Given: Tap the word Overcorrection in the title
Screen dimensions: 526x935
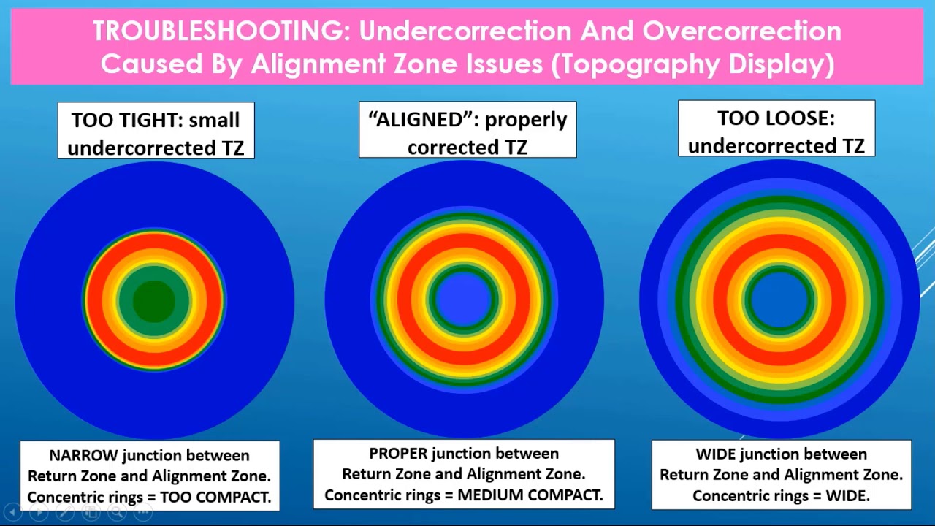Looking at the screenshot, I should point(741,31).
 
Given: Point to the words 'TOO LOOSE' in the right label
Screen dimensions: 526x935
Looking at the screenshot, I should point(776,118).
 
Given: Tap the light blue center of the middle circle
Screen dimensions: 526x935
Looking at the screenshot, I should point(465,299).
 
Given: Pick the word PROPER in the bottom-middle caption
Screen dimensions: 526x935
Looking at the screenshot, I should point(399,454).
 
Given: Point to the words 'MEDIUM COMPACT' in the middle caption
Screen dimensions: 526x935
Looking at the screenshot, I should point(530,495).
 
